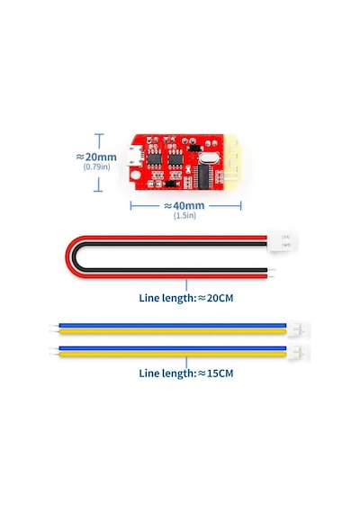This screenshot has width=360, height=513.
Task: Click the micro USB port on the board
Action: [136, 156]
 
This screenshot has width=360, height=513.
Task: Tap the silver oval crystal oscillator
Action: [208, 158]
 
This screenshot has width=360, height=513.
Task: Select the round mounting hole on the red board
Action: [136, 175]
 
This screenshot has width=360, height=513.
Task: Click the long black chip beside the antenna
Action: [203, 176]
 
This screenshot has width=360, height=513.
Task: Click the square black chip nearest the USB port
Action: [155, 159]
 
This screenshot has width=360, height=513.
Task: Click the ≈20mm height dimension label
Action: [96, 157]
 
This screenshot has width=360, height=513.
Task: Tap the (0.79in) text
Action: [96, 166]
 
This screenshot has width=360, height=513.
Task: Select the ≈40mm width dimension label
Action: [184, 206]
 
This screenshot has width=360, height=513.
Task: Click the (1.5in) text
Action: [184, 215]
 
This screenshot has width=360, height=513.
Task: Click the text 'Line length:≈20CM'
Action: [186, 298]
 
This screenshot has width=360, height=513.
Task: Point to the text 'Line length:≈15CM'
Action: [186, 373]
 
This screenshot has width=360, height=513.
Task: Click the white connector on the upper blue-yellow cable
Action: [298, 328]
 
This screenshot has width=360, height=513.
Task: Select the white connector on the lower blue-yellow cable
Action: [298, 352]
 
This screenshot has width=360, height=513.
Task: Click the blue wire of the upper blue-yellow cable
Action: [173, 326]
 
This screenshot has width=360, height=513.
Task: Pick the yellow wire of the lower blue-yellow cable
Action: [173, 355]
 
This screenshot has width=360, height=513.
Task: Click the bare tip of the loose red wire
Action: [271, 276]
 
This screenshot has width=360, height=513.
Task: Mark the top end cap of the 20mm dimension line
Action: [99, 134]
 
